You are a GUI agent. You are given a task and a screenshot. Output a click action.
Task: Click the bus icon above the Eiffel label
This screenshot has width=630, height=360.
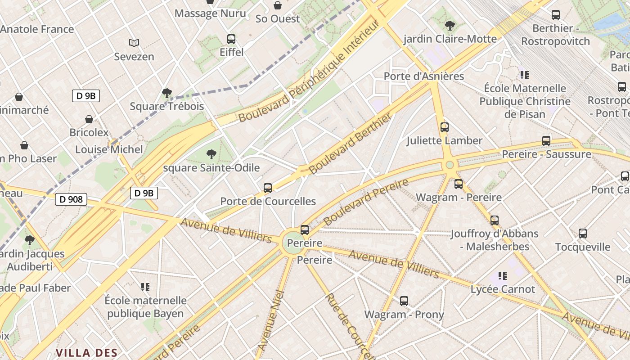[231, 39]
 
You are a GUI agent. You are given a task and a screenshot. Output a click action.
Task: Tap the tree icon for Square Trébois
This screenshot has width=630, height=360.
[166, 93]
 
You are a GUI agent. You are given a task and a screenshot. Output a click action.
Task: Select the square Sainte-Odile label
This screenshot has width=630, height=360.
[211, 168]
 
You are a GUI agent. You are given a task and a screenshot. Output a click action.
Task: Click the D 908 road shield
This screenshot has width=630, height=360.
[71, 199]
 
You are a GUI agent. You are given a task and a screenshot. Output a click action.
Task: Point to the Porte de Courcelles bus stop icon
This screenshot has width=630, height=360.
[268, 188]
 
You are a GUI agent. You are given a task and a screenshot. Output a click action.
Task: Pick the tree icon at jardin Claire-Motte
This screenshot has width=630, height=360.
[449, 25]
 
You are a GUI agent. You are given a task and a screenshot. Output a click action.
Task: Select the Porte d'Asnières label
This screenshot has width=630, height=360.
[423, 76]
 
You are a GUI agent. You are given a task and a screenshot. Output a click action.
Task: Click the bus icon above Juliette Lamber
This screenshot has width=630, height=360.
[445, 127]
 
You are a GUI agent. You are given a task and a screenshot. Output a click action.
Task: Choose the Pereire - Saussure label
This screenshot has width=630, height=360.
[546, 154]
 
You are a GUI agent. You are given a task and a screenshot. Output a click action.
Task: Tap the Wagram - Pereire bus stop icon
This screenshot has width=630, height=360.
[458, 184]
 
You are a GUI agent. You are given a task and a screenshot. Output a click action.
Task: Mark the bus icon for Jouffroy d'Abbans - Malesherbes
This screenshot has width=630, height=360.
[495, 220]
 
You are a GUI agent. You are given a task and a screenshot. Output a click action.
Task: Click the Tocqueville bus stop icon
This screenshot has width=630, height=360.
[583, 234]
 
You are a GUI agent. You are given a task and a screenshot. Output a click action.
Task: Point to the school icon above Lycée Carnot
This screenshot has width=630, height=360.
[503, 275]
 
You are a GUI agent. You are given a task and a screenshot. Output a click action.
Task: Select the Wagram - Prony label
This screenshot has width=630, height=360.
[404, 315]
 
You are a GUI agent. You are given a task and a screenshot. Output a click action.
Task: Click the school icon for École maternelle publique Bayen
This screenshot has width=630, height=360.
[145, 287]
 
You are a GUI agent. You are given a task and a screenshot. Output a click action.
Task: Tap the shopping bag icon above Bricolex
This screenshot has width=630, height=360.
[89, 119]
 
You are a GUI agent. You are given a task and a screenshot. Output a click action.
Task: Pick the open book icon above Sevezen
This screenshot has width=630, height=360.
[134, 43]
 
